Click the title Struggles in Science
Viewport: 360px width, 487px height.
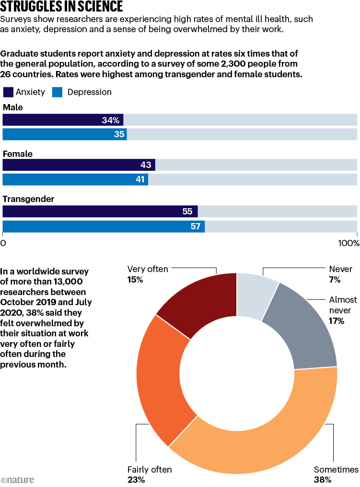point(62,7)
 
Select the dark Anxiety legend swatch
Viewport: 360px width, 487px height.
point(8,92)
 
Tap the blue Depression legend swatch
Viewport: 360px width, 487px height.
point(57,92)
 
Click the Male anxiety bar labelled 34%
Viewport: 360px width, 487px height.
point(63,120)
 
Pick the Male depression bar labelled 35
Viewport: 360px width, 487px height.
point(65,134)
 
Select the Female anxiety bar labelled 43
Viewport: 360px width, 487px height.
point(79,165)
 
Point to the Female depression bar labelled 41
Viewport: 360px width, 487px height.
point(75,179)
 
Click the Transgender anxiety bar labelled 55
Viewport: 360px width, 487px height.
point(100,211)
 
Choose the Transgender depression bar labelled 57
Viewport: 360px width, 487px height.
point(104,226)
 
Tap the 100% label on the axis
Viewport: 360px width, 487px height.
point(348,243)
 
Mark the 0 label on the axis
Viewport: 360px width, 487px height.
point(4,243)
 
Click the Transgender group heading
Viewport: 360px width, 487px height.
point(29,199)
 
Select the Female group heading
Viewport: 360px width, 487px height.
point(18,154)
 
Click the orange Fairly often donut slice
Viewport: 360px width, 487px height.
point(161,384)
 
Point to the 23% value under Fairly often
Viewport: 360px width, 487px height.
point(135,479)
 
